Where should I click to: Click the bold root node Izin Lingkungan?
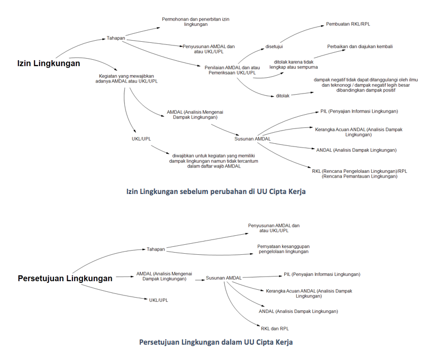click(x=48, y=63)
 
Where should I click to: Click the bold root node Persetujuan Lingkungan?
click(x=65, y=279)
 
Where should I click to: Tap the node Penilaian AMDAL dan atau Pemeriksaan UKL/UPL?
click(x=233, y=70)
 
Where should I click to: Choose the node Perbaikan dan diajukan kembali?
click(x=359, y=47)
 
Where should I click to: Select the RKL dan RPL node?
click(x=275, y=328)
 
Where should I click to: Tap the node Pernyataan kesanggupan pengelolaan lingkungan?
click(x=283, y=248)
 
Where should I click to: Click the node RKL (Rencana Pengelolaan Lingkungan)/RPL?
click(x=359, y=173)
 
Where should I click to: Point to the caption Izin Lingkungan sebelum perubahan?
click(x=215, y=192)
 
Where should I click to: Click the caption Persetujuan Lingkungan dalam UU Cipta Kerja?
click(x=215, y=342)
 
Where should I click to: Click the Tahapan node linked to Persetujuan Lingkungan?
click(x=156, y=249)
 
